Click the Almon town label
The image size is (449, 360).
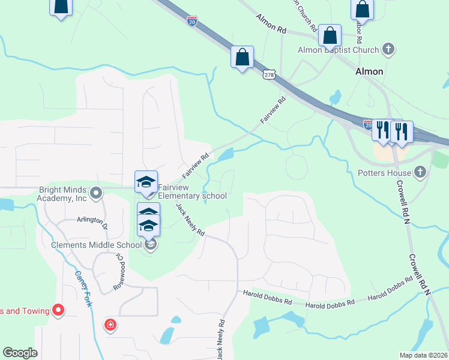click(x=369, y=71)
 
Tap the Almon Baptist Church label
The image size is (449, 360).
click(x=339, y=50)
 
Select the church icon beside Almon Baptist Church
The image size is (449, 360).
click(x=388, y=49)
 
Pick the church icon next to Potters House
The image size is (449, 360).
click(x=420, y=173)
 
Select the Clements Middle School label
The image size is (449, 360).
click(x=96, y=244)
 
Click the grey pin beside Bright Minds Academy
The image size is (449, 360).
click(x=96, y=193)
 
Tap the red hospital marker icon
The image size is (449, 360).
click(x=110, y=326)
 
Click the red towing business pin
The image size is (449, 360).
click(x=58, y=310)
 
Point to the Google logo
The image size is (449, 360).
click(x=20, y=353)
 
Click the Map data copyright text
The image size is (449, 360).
click(x=424, y=355)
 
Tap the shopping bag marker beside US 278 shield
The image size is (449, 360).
click(x=242, y=58)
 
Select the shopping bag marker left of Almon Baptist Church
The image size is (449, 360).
click(x=330, y=35)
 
